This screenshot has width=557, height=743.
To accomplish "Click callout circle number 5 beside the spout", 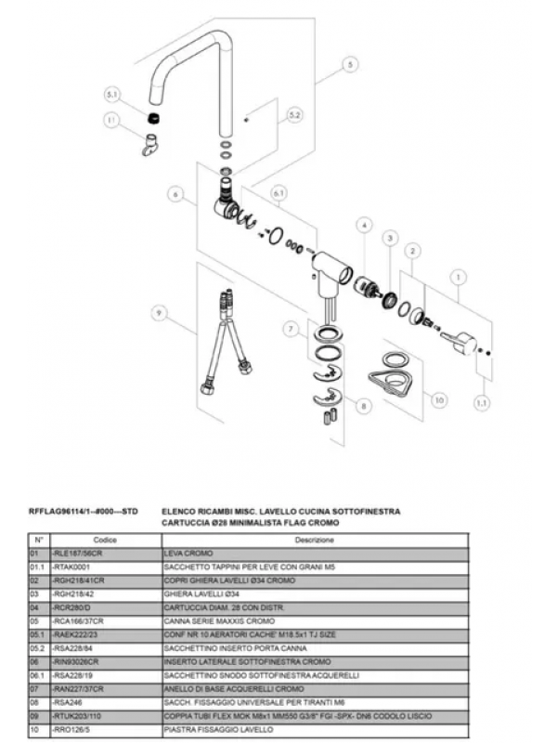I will click(x=350, y=65).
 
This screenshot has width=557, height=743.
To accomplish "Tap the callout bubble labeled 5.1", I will click(x=112, y=95).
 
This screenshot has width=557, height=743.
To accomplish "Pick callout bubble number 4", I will click(x=365, y=226).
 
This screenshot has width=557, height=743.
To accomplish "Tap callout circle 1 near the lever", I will click(x=457, y=276).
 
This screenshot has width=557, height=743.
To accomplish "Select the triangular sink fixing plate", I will click(x=391, y=380).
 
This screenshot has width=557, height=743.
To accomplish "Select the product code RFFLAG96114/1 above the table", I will click(x=84, y=511).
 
